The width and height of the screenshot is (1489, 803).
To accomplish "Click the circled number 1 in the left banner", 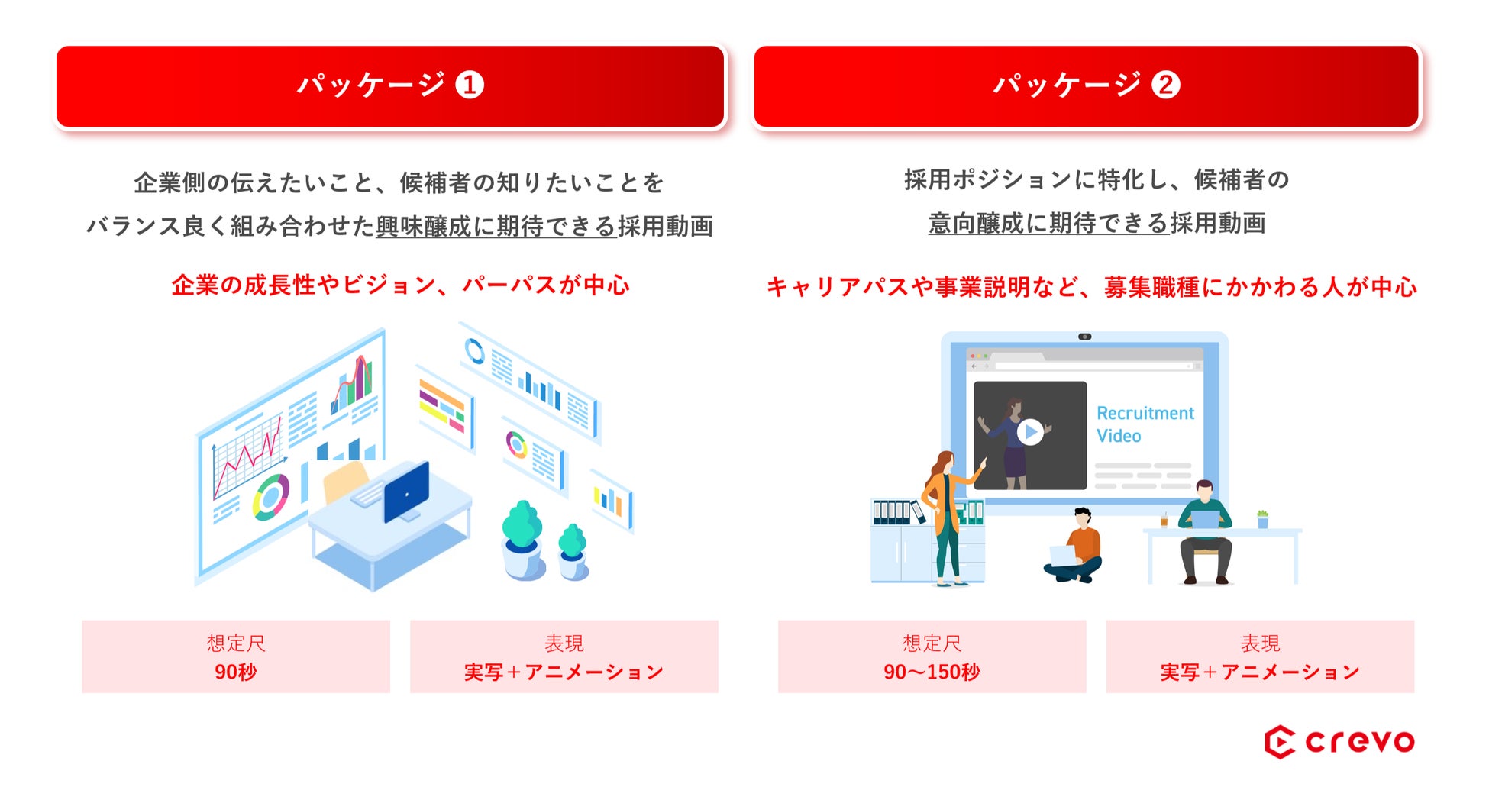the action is [470, 85].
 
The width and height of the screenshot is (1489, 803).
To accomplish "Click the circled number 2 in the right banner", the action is [1166, 85].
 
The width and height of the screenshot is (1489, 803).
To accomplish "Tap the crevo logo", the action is [1339, 742].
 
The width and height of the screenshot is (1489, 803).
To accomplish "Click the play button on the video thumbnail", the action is [1030, 432].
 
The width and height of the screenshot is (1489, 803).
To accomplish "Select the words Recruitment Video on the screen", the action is [1145, 424].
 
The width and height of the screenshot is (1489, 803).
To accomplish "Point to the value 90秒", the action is [236, 672].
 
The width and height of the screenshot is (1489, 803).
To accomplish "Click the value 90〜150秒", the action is [932, 672].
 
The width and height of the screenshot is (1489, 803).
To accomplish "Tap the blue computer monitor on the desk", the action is [406, 492].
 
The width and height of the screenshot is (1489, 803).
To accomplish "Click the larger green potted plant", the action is [523, 539].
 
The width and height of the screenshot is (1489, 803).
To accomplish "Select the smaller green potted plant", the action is [573, 551].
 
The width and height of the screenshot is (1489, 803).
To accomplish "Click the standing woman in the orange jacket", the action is [948, 518].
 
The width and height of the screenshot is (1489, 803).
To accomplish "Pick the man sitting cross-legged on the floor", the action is [1075, 547].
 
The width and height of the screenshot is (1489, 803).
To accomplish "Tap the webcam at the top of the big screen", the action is [1084, 337].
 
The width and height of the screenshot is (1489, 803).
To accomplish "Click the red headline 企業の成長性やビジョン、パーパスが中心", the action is [401, 285].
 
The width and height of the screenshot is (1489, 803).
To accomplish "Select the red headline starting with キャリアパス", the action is [1092, 286].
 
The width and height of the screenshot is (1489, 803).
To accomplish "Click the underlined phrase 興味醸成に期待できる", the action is [496, 226].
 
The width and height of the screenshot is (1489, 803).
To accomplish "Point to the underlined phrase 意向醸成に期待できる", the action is [1048, 223].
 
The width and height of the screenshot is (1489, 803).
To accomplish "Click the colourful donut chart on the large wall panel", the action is [271, 497].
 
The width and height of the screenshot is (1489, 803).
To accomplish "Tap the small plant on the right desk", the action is [1262, 519].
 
